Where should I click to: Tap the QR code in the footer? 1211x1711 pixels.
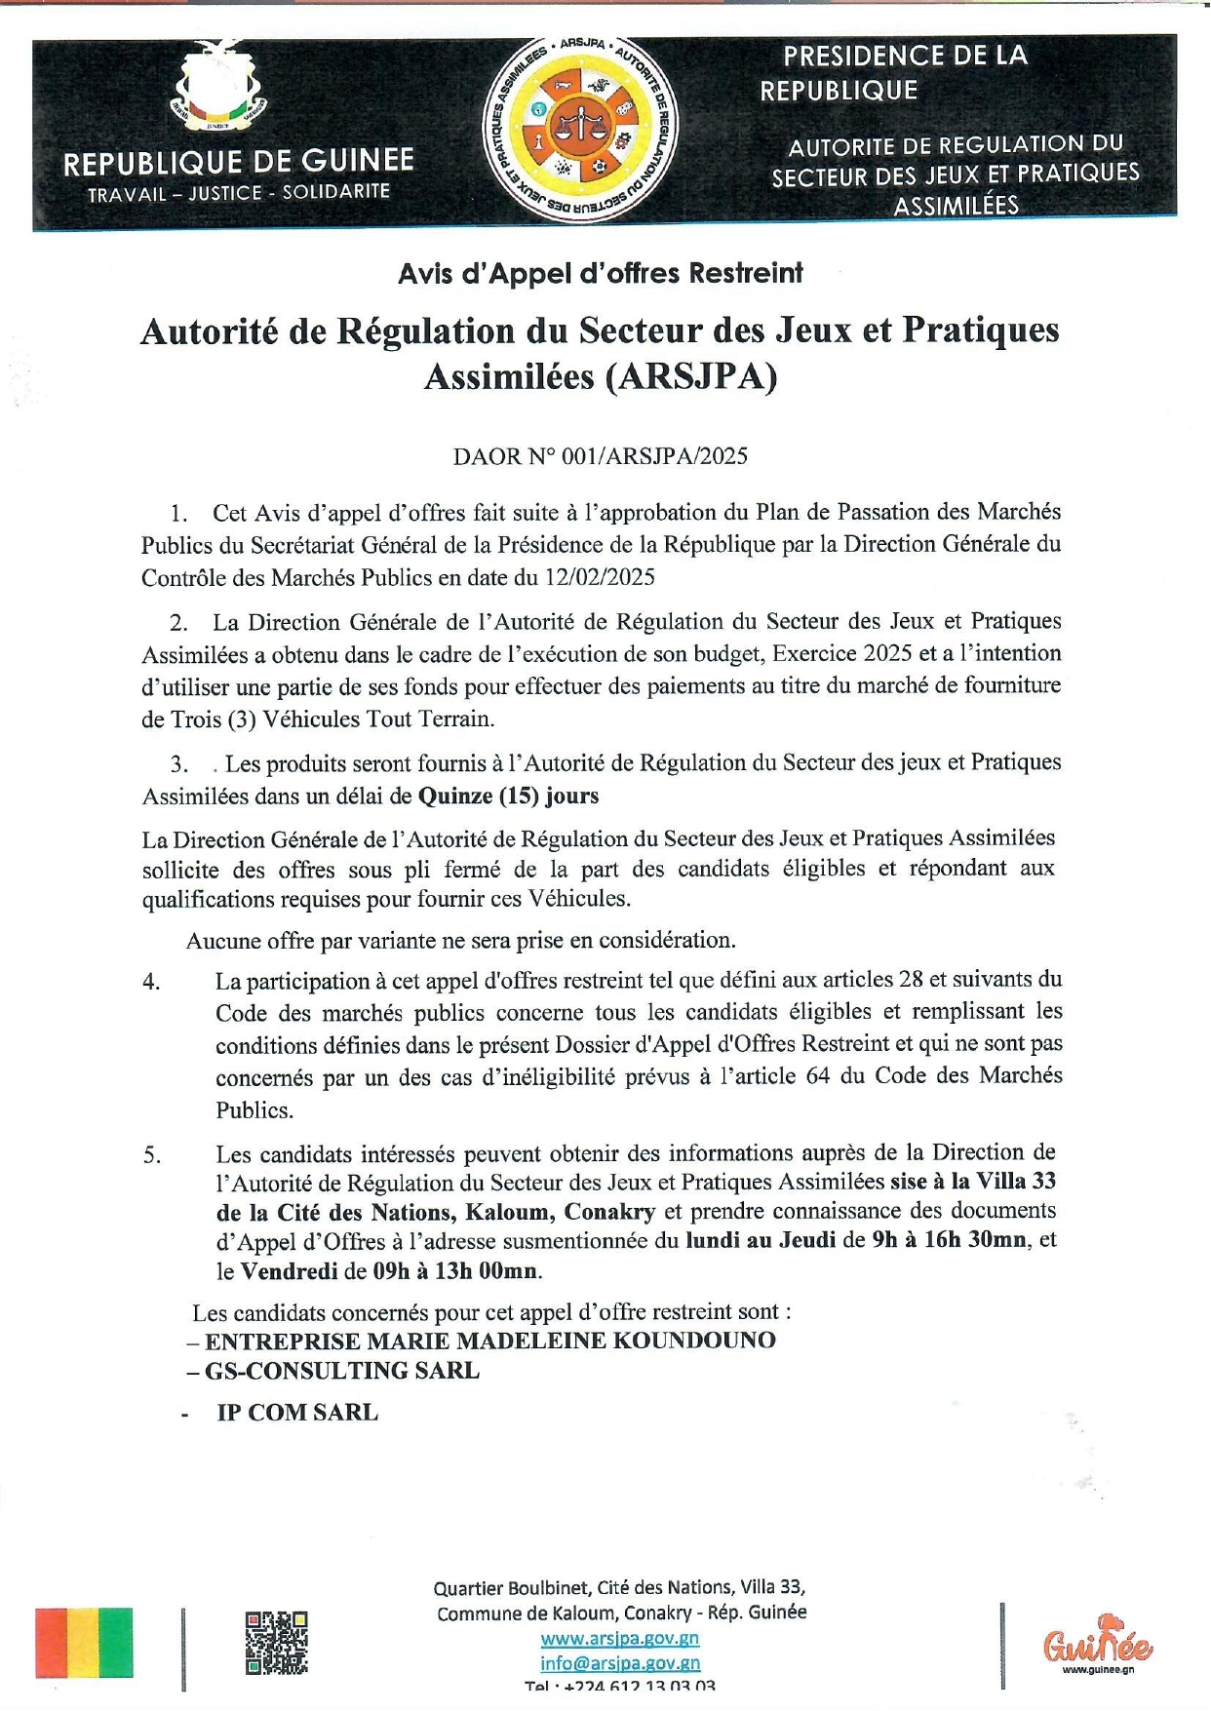(276, 1643)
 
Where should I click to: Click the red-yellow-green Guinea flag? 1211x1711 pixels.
(84, 1643)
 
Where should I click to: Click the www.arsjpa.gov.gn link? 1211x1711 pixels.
(619, 1639)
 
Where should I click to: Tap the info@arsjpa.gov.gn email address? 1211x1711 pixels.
(620, 1663)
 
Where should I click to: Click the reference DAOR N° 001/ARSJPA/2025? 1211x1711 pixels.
(600, 456)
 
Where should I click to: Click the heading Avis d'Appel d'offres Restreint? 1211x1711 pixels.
(600, 273)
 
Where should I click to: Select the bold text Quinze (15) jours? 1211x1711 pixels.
(508, 796)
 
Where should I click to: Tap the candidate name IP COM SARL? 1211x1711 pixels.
(296, 1413)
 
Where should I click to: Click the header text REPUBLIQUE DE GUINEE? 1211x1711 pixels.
(239, 162)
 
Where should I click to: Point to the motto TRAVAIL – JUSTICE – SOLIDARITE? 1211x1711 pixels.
(239, 193)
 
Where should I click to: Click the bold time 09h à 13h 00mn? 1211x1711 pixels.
(455, 1271)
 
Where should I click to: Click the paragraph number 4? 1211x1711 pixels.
(152, 982)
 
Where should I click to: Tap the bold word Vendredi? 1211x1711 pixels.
(290, 1271)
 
